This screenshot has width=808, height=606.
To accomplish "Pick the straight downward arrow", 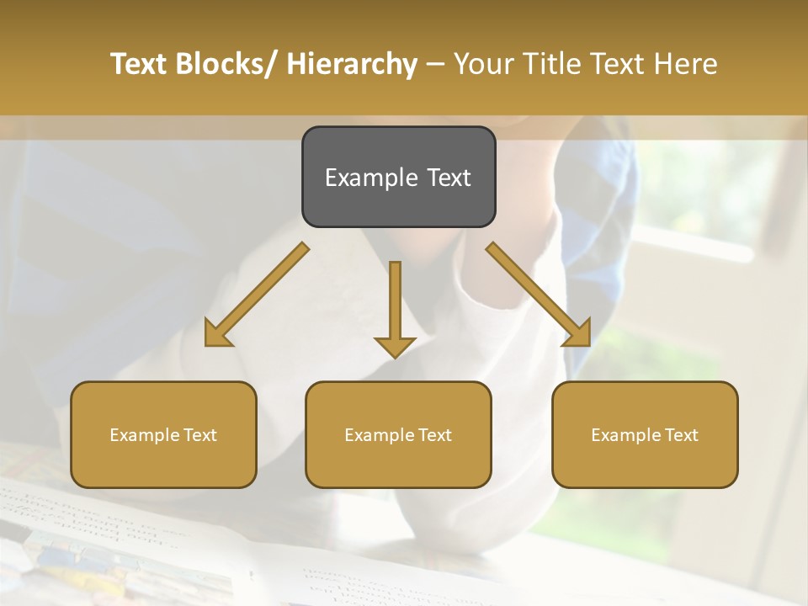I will point(395,307).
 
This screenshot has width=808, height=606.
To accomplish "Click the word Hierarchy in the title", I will point(351,65).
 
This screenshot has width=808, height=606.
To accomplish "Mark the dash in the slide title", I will point(435,65).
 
